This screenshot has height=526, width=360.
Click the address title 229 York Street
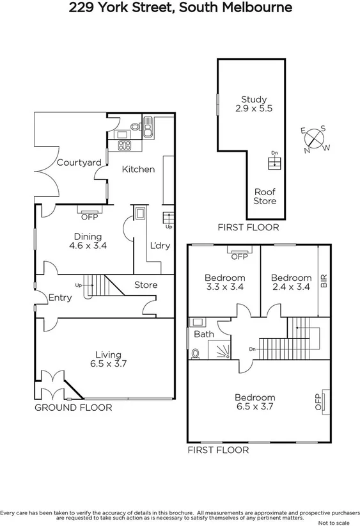click(x=180, y=8)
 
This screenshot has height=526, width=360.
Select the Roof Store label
click(x=265, y=196)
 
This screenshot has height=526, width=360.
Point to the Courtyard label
click(x=79, y=163)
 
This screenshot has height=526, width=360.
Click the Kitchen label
click(x=138, y=169)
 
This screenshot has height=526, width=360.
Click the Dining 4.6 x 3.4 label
click(x=88, y=239)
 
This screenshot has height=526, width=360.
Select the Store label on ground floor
click(x=145, y=285)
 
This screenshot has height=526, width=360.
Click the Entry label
click(x=60, y=297)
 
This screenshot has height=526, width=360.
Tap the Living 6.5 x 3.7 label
click(x=108, y=359)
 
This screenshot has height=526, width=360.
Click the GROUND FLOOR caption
click(x=73, y=408)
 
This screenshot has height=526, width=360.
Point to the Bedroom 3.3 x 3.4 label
click(x=224, y=282)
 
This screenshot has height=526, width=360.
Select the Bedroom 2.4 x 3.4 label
click(x=291, y=282)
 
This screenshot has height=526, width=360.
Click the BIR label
click(x=324, y=281)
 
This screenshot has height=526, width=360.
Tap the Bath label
click(x=204, y=334)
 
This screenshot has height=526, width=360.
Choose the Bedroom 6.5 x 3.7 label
click(x=254, y=401)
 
